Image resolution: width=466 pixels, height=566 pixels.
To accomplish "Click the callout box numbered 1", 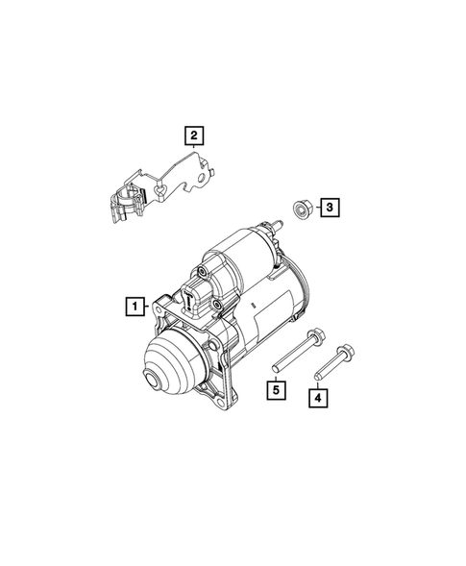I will pos(135,308).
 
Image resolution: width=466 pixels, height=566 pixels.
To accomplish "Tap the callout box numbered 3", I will pos(328,206).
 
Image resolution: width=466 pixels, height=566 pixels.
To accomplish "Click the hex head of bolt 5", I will pos(312,335).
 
